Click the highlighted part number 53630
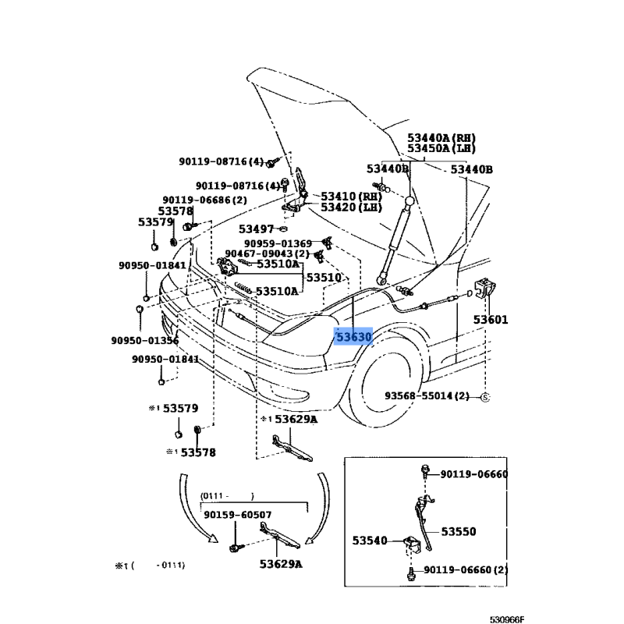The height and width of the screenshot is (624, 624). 353,338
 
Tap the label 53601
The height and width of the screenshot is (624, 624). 490,320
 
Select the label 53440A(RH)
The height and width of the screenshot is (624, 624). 441,137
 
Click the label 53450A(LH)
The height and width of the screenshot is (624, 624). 441,148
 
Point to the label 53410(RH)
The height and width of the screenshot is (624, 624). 350,197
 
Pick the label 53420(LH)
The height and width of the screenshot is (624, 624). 350,207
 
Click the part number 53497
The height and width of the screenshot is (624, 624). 257,229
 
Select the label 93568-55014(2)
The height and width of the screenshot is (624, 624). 427,396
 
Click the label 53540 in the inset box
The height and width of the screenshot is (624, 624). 370,540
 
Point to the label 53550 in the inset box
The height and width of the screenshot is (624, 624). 459,531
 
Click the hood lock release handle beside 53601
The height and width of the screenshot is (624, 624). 484,289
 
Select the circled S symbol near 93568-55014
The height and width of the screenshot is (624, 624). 484,397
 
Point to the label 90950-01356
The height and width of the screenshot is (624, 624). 144,340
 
